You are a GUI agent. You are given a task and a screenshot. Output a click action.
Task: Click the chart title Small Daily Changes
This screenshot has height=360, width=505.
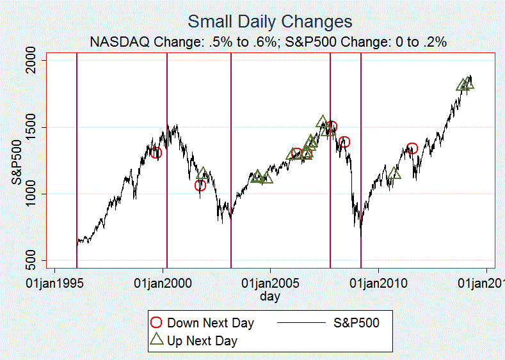pos(269,22)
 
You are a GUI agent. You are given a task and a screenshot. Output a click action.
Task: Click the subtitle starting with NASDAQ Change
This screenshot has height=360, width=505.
pos(268,42)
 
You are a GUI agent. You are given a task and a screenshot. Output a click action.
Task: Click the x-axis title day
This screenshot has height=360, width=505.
pos(270,297)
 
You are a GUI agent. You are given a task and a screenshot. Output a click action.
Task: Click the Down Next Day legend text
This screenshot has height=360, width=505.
pos(211,323)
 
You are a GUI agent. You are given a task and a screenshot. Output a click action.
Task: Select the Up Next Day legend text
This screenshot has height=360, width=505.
pos(202,341)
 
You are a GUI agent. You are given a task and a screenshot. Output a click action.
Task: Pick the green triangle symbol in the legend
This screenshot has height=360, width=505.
pos(156,340)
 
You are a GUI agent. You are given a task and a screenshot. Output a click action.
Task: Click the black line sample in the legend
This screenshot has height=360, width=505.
pos(301,323)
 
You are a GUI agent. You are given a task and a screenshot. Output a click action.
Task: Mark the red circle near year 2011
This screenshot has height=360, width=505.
pos(412,148)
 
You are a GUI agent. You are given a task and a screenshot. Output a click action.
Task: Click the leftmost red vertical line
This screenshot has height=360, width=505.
pos(77,160)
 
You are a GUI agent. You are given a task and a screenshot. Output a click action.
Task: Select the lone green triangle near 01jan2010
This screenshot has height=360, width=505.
pos(394,173)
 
